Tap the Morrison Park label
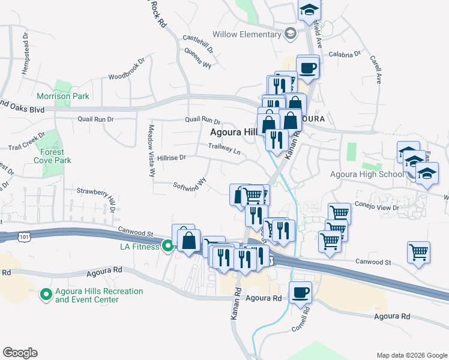tap(63, 96)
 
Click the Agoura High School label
tap(367, 175)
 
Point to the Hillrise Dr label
tap(172, 157)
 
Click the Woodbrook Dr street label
tap(127, 69)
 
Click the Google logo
tap(20, 353)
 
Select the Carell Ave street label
tap(376, 70)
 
